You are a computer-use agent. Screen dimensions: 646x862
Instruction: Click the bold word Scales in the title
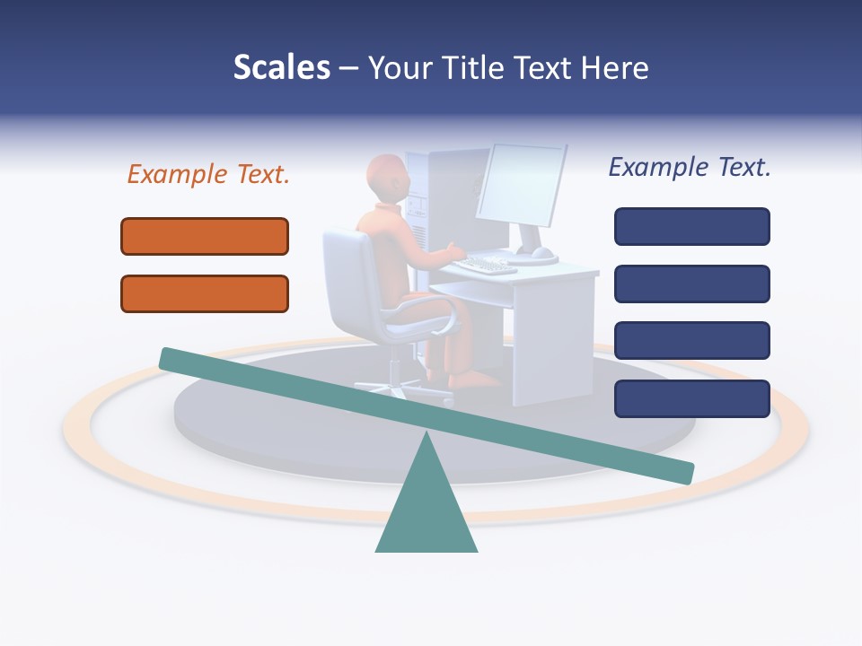pyautogui.click(x=281, y=67)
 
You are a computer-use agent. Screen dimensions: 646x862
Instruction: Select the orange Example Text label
pyautogui.click(x=208, y=174)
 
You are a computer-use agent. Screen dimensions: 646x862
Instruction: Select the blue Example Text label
pyautogui.click(x=690, y=167)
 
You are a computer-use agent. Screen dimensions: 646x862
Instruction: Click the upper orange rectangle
pyautogui.click(x=205, y=236)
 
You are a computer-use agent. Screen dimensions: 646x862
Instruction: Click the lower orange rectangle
pyautogui.click(x=205, y=293)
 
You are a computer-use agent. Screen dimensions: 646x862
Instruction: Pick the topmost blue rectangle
pyautogui.click(x=691, y=226)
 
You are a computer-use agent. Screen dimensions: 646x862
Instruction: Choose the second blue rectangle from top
pyautogui.click(x=691, y=284)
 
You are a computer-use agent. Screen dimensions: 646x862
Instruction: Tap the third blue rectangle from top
pyautogui.click(x=691, y=341)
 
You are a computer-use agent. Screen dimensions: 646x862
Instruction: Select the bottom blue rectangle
pyautogui.click(x=691, y=398)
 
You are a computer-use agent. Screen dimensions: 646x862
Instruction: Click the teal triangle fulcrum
pyautogui.click(x=426, y=511)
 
